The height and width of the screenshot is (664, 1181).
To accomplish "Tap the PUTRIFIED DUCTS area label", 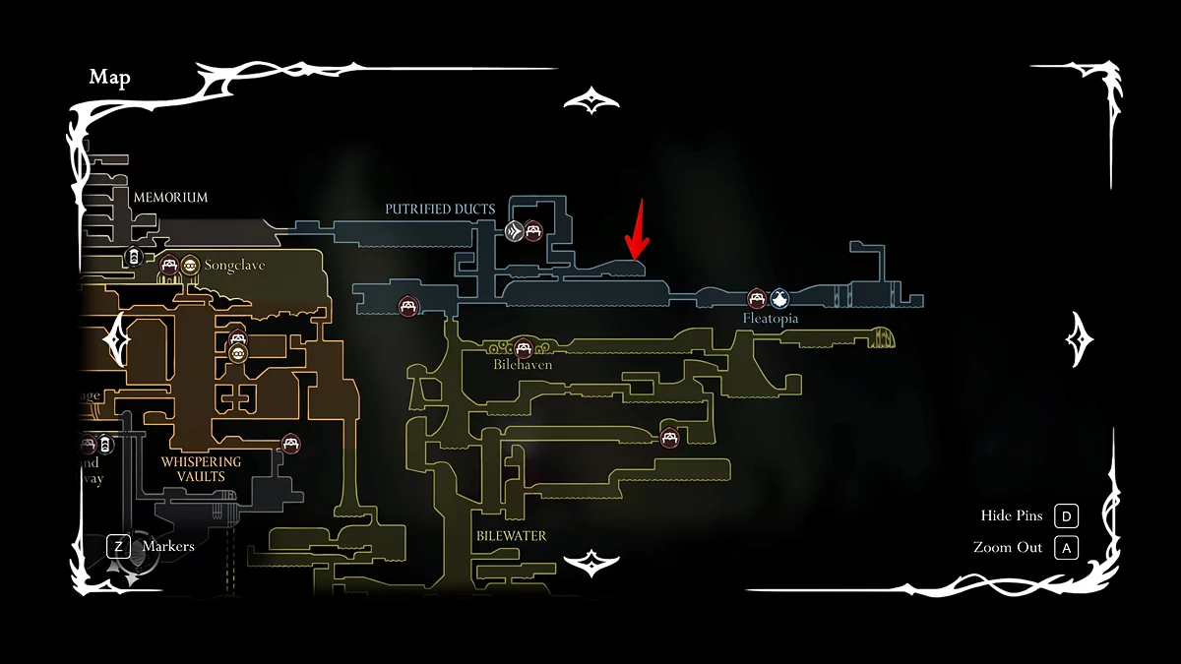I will (440, 209).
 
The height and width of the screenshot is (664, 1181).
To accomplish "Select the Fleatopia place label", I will (771, 319).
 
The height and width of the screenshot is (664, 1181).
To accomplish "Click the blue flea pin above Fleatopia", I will (779, 298).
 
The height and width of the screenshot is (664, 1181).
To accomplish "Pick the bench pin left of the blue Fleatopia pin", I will (756, 298).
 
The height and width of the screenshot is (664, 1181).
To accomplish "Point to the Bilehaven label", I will (523, 364).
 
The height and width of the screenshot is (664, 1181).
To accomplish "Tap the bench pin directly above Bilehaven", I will (524, 346).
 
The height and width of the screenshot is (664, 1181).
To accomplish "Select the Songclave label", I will (235, 266).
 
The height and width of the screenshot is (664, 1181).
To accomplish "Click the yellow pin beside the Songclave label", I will (189, 265).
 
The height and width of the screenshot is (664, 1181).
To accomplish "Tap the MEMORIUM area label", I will (170, 197).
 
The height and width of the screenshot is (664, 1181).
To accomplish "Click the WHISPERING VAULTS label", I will (201, 469).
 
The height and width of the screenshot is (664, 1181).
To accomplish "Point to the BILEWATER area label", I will (511, 536).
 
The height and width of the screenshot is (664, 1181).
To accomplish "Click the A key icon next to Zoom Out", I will (1066, 547).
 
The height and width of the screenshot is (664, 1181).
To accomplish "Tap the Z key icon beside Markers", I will (119, 545).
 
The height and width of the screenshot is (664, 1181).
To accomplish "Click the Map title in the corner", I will (109, 78).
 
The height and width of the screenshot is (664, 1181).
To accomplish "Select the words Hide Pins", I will (1011, 515).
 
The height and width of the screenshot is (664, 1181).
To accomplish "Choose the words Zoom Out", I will (1007, 547).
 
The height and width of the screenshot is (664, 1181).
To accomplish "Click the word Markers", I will (168, 545).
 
